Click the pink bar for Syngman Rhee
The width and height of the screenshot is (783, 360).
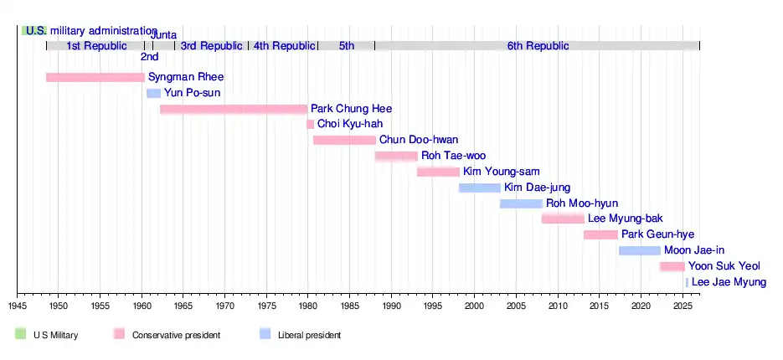pos(95,77)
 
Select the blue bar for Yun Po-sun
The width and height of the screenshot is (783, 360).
pos(153,93)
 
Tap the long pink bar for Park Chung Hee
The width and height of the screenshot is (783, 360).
pos(234,109)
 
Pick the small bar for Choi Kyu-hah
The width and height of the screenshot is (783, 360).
pos(310,124)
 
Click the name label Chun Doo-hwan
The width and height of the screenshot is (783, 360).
pos(419,140)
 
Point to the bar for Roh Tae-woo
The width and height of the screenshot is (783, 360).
pos(396,156)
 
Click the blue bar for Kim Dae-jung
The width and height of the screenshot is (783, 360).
pos(480,188)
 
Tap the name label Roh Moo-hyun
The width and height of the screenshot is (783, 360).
pos(581,203)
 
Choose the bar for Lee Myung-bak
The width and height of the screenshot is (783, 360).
pos(563,219)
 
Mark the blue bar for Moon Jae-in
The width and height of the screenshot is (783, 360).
pos(640,250)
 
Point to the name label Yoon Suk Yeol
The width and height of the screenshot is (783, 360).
pos(724,266)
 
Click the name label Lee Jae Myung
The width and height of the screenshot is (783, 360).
pos(729,282)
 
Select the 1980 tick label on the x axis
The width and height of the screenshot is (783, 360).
pos(308,307)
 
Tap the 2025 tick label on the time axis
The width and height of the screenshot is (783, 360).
pos(683,307)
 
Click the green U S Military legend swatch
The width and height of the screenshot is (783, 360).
pos(21,334)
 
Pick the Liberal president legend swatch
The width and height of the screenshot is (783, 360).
pos(265,334)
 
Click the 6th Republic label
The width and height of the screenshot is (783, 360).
pos(538,45)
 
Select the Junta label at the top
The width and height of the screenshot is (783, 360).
pos(163,34)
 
